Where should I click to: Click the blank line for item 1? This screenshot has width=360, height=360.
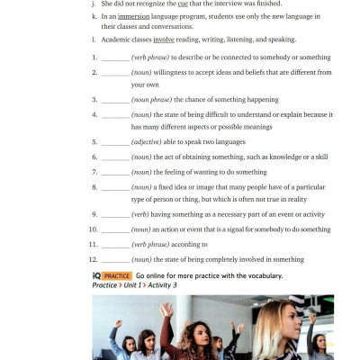[x=115, y=57]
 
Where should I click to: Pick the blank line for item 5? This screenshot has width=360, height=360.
[x=115, y=142]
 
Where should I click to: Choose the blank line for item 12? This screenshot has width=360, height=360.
[x=115, y=259]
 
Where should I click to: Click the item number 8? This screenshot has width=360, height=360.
[x=94, y=186]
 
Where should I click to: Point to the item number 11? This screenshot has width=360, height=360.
[x=94, y=244]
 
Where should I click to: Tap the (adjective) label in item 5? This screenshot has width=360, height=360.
[x=152, y=142]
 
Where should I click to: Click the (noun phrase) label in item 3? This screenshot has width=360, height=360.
[x=157, y=99]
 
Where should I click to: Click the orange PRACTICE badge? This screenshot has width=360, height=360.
[x=117, y=275]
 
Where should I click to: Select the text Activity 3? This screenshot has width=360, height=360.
[x=163, y=285]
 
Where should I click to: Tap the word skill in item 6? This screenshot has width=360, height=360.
[x=319, y=157]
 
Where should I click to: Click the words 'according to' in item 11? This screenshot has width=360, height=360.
[x=189, y=244]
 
